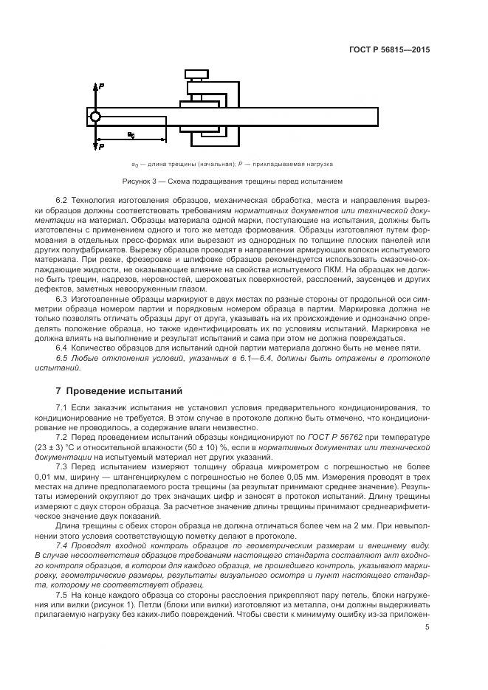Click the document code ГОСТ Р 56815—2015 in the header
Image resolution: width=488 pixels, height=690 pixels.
(388, 50)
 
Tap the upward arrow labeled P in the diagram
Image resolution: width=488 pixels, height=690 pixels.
(95, 92)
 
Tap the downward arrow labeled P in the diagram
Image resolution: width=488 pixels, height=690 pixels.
(95, 142)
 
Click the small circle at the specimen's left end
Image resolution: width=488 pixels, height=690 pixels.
(95, 117)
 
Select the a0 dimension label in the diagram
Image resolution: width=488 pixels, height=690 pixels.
(131, 134)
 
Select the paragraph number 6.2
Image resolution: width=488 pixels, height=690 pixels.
(62, 201)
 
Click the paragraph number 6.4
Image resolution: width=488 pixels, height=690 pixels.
(62, 347)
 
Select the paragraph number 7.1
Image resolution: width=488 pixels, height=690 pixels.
(62, 407)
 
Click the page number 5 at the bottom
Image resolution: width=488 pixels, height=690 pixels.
(427, 627)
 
